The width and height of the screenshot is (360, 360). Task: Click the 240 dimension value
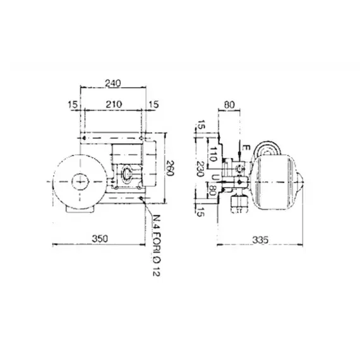click(112, 83)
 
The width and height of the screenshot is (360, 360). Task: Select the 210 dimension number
click(114, 104)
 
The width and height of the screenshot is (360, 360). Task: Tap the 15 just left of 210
click(73, 105)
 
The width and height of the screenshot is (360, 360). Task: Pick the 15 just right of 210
click(153, 104)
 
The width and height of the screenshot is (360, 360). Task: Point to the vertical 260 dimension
click(170, 168)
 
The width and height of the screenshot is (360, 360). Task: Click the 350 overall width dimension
click(100, 239)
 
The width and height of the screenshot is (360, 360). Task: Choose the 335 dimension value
click(260, 240)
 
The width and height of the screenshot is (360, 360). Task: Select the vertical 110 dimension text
click(213, 154)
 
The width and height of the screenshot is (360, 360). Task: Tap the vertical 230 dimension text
click(200, 169)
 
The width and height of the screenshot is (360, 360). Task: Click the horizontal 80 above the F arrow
click(229, 105)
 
